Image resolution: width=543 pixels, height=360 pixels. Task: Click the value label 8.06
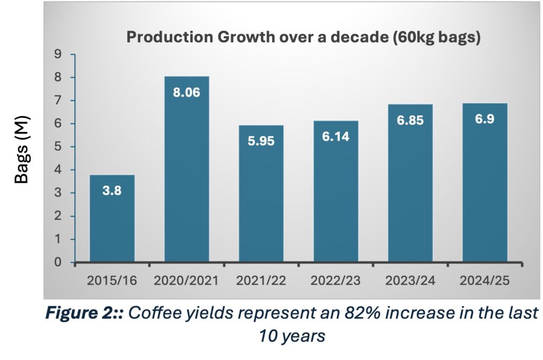(187, 93)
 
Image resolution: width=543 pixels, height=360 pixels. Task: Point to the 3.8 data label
(112, 191)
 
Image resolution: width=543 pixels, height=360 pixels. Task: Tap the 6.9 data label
(485, 119)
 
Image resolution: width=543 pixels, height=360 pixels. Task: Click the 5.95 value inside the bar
(261, 142)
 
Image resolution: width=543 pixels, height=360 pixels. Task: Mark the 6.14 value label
(336, 137)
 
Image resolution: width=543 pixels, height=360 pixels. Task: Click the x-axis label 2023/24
(410, 280)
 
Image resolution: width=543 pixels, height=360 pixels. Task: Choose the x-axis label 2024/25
(485, 280)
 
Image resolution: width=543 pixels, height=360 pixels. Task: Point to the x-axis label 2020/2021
(187, 280)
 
